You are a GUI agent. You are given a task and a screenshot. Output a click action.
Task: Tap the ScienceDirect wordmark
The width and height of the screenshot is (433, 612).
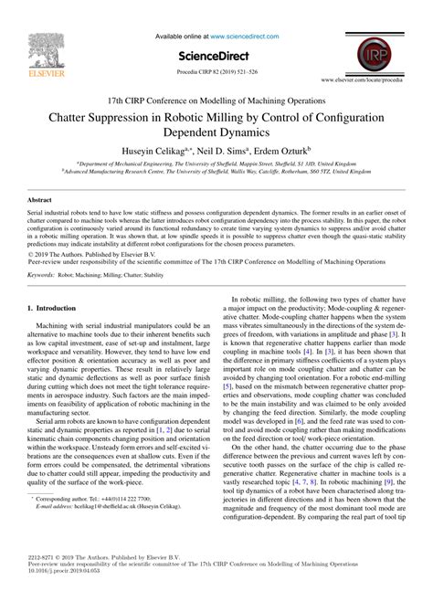point(216,53)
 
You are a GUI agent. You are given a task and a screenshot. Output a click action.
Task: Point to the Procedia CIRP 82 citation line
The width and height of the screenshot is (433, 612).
point(216,69)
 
